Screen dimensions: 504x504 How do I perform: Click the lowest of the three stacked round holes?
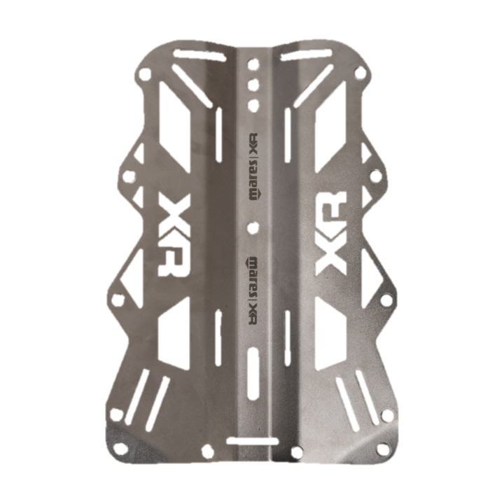tap(253, 104)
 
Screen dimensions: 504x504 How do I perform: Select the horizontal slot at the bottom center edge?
tap(252, 441)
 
